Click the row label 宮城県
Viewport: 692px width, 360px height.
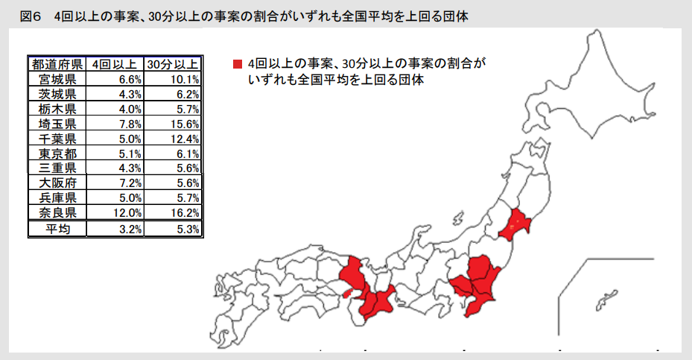tap(57, 78)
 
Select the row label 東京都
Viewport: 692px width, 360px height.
tap(57, 154)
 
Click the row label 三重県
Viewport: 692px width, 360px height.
tap(57, 168)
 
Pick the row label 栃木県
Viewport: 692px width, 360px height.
tap(57, 109)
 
